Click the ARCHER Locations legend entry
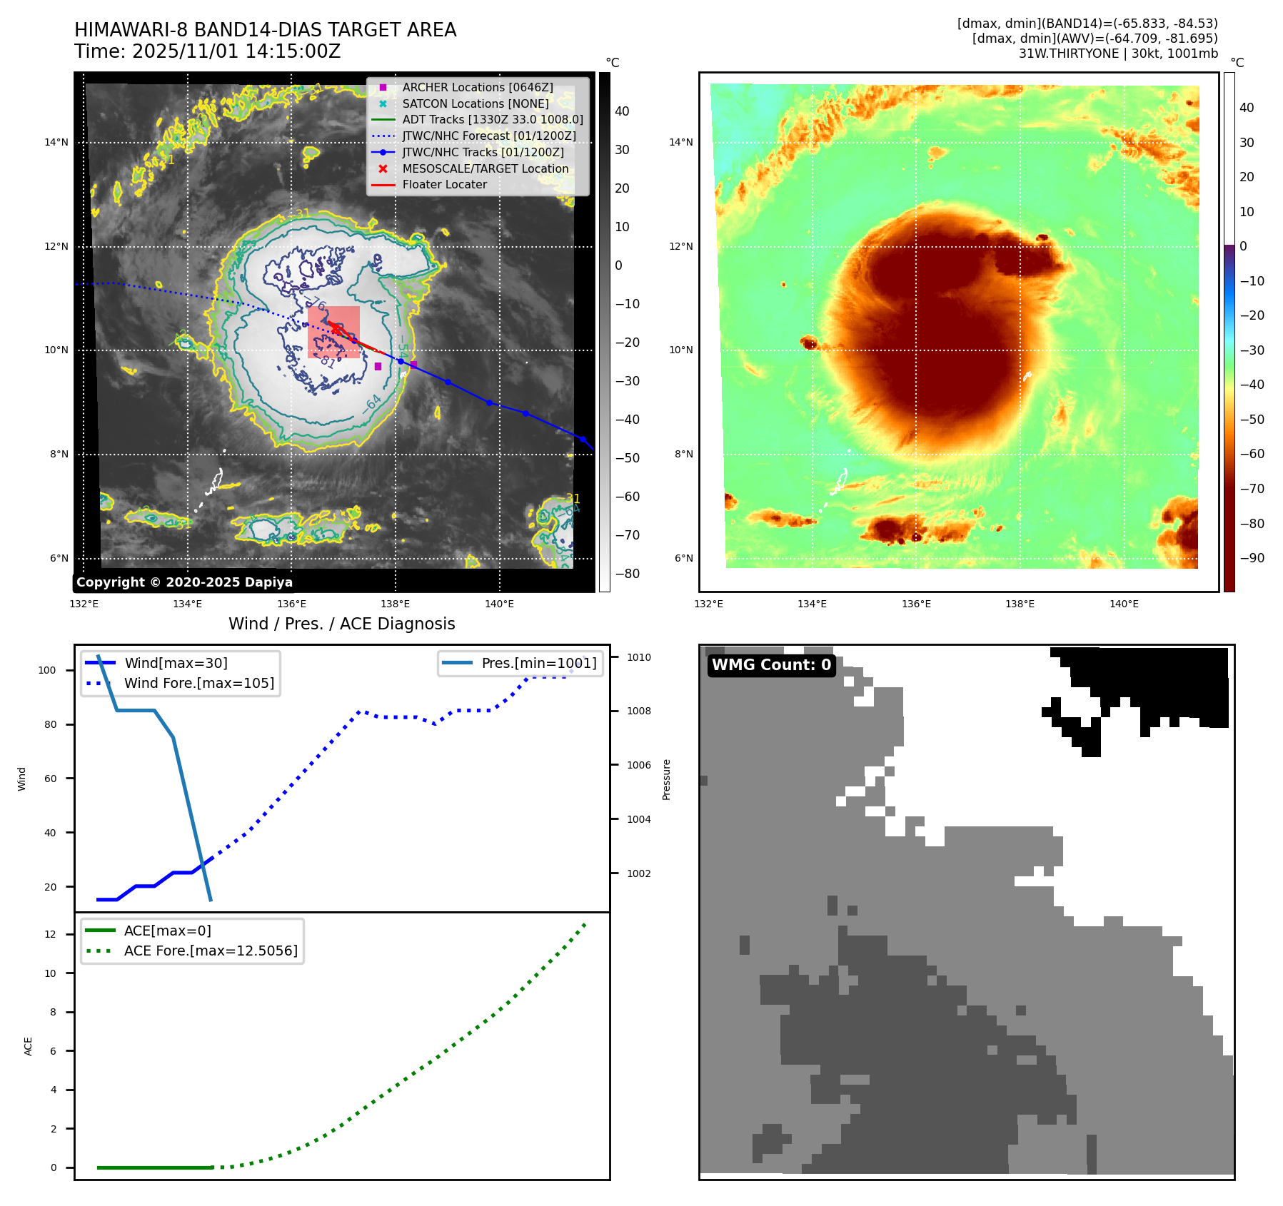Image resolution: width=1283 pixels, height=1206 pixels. click(x=477, y=87)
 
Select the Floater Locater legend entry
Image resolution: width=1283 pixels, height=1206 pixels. click(x=444, y=184)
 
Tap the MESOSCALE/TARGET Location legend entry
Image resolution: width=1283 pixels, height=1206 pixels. click(x=485, y=168)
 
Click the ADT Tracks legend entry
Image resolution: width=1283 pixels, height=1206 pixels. click(x=492, y=119)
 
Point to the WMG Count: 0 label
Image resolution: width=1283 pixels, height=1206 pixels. click(x=771, y=665)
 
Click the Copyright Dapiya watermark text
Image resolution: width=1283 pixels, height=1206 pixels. click(x=184, y=582)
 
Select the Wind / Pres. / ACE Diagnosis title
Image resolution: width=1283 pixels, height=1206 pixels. click(x=341, y=624)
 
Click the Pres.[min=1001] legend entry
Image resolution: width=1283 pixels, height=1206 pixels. click(x=538, y=663)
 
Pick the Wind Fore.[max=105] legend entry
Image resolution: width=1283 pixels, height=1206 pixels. click(x=198, y=683)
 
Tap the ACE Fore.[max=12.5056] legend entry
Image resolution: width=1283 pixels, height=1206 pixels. click(x=210, y=951)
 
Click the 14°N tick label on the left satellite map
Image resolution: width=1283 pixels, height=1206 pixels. click(x=56, y=142)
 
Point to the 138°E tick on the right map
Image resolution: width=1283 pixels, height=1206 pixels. click(x=1020, y=604)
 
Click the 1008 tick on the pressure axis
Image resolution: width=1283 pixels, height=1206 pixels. click(x=639, y=711)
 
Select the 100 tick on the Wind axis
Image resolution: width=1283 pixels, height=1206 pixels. click(x=47, y=670)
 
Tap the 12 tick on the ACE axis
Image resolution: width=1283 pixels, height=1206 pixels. click(x=50, y=934)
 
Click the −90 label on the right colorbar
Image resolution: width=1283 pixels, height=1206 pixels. click(x=1252, y=558)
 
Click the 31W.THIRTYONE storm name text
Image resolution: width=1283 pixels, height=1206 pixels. click(x=1069, y=54)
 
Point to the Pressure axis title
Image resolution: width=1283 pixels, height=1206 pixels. click(x=666, y=779)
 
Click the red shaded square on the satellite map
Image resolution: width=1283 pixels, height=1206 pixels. click(x=333, y=332)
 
